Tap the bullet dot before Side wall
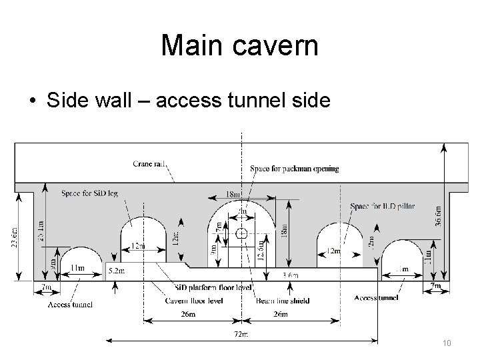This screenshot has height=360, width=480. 31,101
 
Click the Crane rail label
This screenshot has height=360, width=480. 150,163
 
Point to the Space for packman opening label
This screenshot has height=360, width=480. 294,169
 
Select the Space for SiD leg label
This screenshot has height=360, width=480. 89,193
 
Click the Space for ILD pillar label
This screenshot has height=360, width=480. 382,206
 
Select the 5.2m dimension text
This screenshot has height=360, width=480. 116,271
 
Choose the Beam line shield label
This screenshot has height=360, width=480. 282,301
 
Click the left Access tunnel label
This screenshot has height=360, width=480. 70,305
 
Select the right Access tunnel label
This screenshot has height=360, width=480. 377,297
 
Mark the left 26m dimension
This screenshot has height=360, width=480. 189,314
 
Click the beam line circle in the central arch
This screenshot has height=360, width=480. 242,233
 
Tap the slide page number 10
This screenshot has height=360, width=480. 447,343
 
